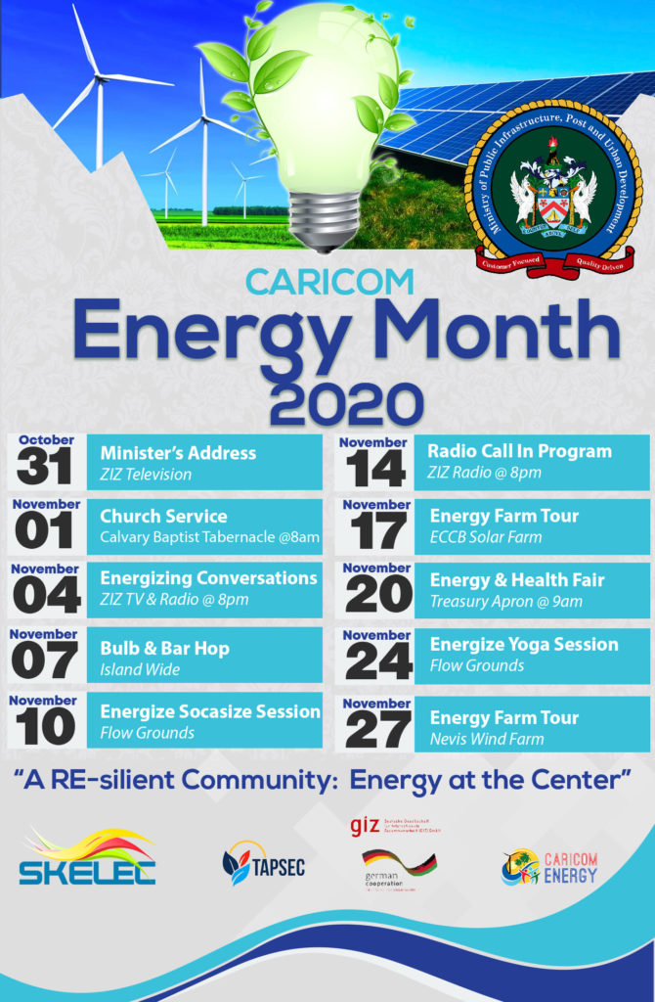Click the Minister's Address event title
[x=178, y=453]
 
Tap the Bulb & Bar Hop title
[x=163, y=649]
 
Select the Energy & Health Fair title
[x=517, y=580]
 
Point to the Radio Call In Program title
[x=519, y=451]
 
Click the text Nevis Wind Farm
[x=487, y=739]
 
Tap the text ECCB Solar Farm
[x=485, y=537]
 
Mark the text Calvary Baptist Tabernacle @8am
[x=209, y=537]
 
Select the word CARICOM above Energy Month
[x=329, y=282]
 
